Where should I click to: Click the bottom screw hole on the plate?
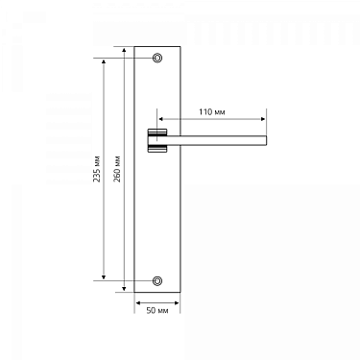pyautogui.click(x=157, y=280)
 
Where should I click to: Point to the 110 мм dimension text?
pyautogui.click(x=212, y=112)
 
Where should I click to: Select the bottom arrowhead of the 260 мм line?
pyautogui.click(x=125, y=290)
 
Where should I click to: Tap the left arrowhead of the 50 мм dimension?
pyautogui.click(x=138, y=301)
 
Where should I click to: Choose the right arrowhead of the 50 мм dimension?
pyautogui.click(x=177, y=301)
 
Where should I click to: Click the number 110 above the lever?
pyautogui.click(x=205, y=112)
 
